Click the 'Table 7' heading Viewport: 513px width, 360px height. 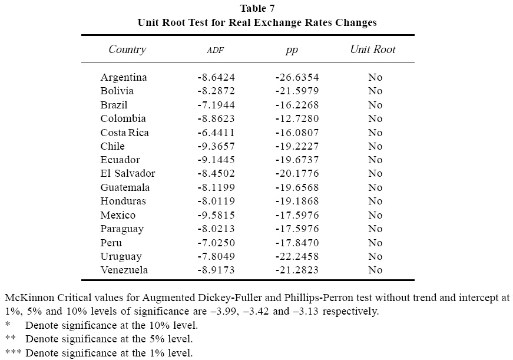pos(257,8)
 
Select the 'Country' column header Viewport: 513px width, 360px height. pos(127,49)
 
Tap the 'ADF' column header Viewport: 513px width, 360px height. pos(216,51)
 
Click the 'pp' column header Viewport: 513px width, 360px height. pos(292,50)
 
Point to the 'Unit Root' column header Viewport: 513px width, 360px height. pos(373,49)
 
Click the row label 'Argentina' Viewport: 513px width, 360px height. pos(124,77)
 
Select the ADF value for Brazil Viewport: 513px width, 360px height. pos(216,105)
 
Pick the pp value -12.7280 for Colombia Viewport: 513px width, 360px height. pos(297,118)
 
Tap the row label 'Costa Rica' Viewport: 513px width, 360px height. pos(125,133)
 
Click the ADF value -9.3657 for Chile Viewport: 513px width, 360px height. pos(216,146)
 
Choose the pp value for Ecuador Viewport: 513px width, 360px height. pos(297,160)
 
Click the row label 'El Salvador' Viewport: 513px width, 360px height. pos(128,173)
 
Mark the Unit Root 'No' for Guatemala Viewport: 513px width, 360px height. pos(375,187)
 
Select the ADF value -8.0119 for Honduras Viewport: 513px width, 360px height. pos(216,201)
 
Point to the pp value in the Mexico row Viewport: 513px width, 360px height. pos(297,215)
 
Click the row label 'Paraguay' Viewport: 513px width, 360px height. pos(122,229)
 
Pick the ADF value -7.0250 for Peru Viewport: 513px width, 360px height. pos(216,243)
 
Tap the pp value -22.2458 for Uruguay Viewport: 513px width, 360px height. pos(297,256)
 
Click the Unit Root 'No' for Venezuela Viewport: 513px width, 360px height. pos(375,270)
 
